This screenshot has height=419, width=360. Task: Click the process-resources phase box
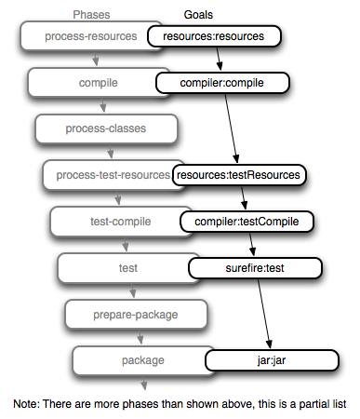[84, 37]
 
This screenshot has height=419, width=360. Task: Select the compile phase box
[91, 83]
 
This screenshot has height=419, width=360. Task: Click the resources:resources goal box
[213, 37]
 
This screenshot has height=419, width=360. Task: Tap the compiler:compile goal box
[222, 83]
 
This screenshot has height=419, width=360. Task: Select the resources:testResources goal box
[239, 174]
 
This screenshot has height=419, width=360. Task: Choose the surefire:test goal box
[255, 268]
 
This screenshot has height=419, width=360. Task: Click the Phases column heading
[91, 15]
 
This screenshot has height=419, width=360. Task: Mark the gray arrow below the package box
[143, 382]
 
